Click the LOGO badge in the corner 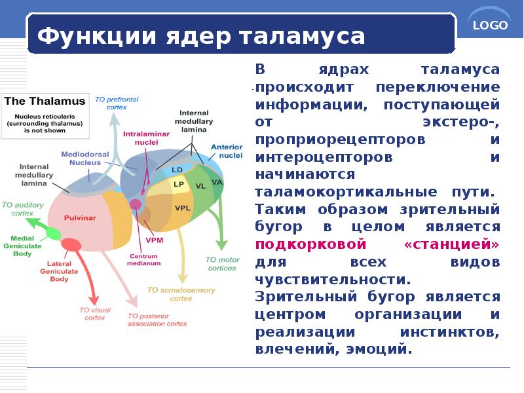click(x=490, y=26)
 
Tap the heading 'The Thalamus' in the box click(x=45, y=102)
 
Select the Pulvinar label click(x=80, y=217)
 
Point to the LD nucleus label click(x=177, y=170)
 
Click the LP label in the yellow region click(x=178, y=185)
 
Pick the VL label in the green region click(x=200, y=186)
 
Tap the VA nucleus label click(x=217, y=181)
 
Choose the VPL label click(x=183, y=208)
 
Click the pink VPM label click(x=155, y=240)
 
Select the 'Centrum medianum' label click(x=144, y=259)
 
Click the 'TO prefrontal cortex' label click(x=117, y=102)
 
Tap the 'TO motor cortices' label click(x=222, y=264)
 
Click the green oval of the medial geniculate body click(x=52, y=234)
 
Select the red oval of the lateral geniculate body click(x=71, y=245)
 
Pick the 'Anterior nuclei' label click(x=227, y=151)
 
